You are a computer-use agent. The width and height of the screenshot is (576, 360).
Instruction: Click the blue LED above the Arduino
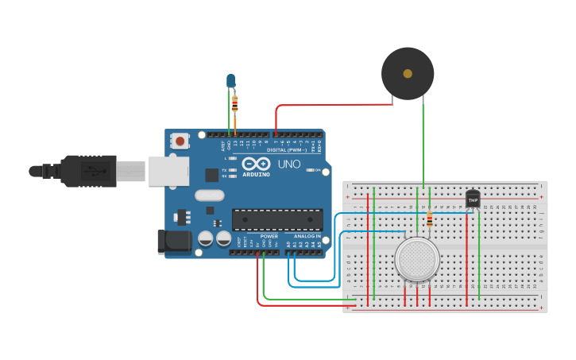tap(230, 80)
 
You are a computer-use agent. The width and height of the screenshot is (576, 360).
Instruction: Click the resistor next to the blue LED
tap(235, 103)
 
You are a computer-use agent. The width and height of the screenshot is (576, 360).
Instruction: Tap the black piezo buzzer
tap(408, 73)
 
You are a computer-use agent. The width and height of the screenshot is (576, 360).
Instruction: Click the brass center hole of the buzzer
tap(408, 73)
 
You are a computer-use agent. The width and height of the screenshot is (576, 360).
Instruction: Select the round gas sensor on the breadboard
tap(417, 259)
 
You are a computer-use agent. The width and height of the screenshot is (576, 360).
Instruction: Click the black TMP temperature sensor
tap(473, 199)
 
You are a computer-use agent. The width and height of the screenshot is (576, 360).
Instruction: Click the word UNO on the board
tap(289, 164)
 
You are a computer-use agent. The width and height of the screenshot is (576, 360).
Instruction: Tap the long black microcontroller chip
tap(277, 219)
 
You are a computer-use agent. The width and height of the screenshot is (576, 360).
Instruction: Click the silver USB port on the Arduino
tap(168, 171)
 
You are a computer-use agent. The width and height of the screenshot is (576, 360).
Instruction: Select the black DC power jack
tap(175, 241)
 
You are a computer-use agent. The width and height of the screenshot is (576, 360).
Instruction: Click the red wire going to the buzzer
tap(334, 105)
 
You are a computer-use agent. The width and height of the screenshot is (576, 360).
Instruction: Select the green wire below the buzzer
tap(423, 143)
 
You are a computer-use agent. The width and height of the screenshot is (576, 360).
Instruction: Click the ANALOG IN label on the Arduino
tap(306, 236)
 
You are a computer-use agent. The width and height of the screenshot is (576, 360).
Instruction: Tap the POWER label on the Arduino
tap(269, 236)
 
